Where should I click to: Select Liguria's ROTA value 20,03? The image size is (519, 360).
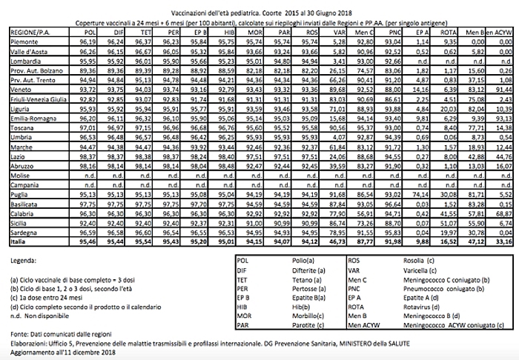click(x=448, y=108)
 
